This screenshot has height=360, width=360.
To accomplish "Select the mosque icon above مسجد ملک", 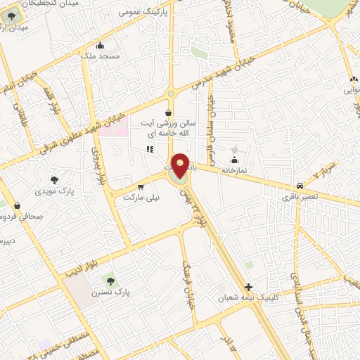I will [101, 44].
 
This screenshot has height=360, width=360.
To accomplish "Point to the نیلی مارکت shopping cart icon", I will [141, 187].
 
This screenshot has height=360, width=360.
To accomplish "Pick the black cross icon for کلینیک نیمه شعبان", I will [247, 286].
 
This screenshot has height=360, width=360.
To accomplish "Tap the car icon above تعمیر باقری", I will [300, 186].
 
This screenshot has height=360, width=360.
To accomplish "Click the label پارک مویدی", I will [56, 190].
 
